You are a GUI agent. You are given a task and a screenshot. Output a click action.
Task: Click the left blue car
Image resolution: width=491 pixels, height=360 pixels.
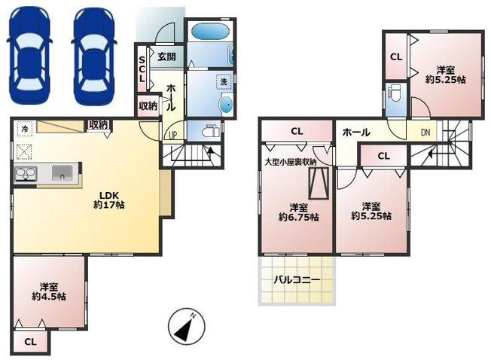point(29,56)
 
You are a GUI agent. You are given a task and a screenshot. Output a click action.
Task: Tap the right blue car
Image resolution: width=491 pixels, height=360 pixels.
point(93,56)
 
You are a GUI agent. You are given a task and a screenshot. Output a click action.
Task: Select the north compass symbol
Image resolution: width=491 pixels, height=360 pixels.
point(186,326)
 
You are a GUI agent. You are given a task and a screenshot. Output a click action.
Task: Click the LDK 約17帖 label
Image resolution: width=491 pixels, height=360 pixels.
point(109,200)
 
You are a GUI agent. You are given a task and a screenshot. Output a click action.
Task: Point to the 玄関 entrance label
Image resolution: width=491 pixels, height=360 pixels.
point(166,56)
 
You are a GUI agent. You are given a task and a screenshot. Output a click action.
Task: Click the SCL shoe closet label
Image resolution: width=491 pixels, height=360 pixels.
point(142,69)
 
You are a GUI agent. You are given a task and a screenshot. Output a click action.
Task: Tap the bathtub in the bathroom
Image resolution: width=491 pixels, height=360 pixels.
point(209,31)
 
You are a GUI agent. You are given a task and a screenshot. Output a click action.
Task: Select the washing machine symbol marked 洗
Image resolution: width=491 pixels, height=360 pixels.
point(224,81)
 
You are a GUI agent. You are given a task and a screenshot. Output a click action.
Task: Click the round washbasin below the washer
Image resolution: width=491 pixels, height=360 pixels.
point(226,104)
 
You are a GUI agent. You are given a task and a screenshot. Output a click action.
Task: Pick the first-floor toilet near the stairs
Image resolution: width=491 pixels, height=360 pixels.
point(211,131)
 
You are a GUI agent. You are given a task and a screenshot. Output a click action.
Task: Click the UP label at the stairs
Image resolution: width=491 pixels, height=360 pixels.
point(173,135)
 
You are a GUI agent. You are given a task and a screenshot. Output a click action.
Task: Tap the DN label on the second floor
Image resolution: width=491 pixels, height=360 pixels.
point(425,133)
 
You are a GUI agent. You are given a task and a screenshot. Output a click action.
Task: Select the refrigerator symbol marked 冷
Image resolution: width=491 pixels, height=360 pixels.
point(24,128)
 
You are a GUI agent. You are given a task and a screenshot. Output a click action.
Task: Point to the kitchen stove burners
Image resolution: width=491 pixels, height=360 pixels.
point(26,174)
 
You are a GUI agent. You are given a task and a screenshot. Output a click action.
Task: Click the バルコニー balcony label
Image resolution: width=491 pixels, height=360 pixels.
point(297,279)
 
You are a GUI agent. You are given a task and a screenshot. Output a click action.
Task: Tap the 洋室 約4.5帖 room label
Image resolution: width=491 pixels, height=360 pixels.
point(49,291)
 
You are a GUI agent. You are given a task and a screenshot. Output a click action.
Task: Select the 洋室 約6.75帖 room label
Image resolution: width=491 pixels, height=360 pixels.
point(298,212)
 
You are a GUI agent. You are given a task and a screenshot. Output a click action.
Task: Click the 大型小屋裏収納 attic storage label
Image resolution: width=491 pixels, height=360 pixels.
point(290,162)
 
